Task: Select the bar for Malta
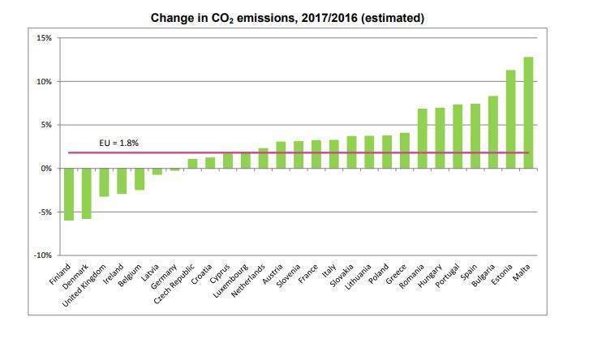click(528, 113)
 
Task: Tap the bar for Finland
click(69, 194)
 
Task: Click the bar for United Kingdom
click(104, 182)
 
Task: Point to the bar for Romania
click(422, 139)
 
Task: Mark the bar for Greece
click(404, 151)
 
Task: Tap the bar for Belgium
click(140, 179)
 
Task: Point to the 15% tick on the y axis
click(43, 38)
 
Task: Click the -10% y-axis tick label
click(41, 255)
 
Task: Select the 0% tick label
click(45, 169)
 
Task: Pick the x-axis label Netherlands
click(250, 280)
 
